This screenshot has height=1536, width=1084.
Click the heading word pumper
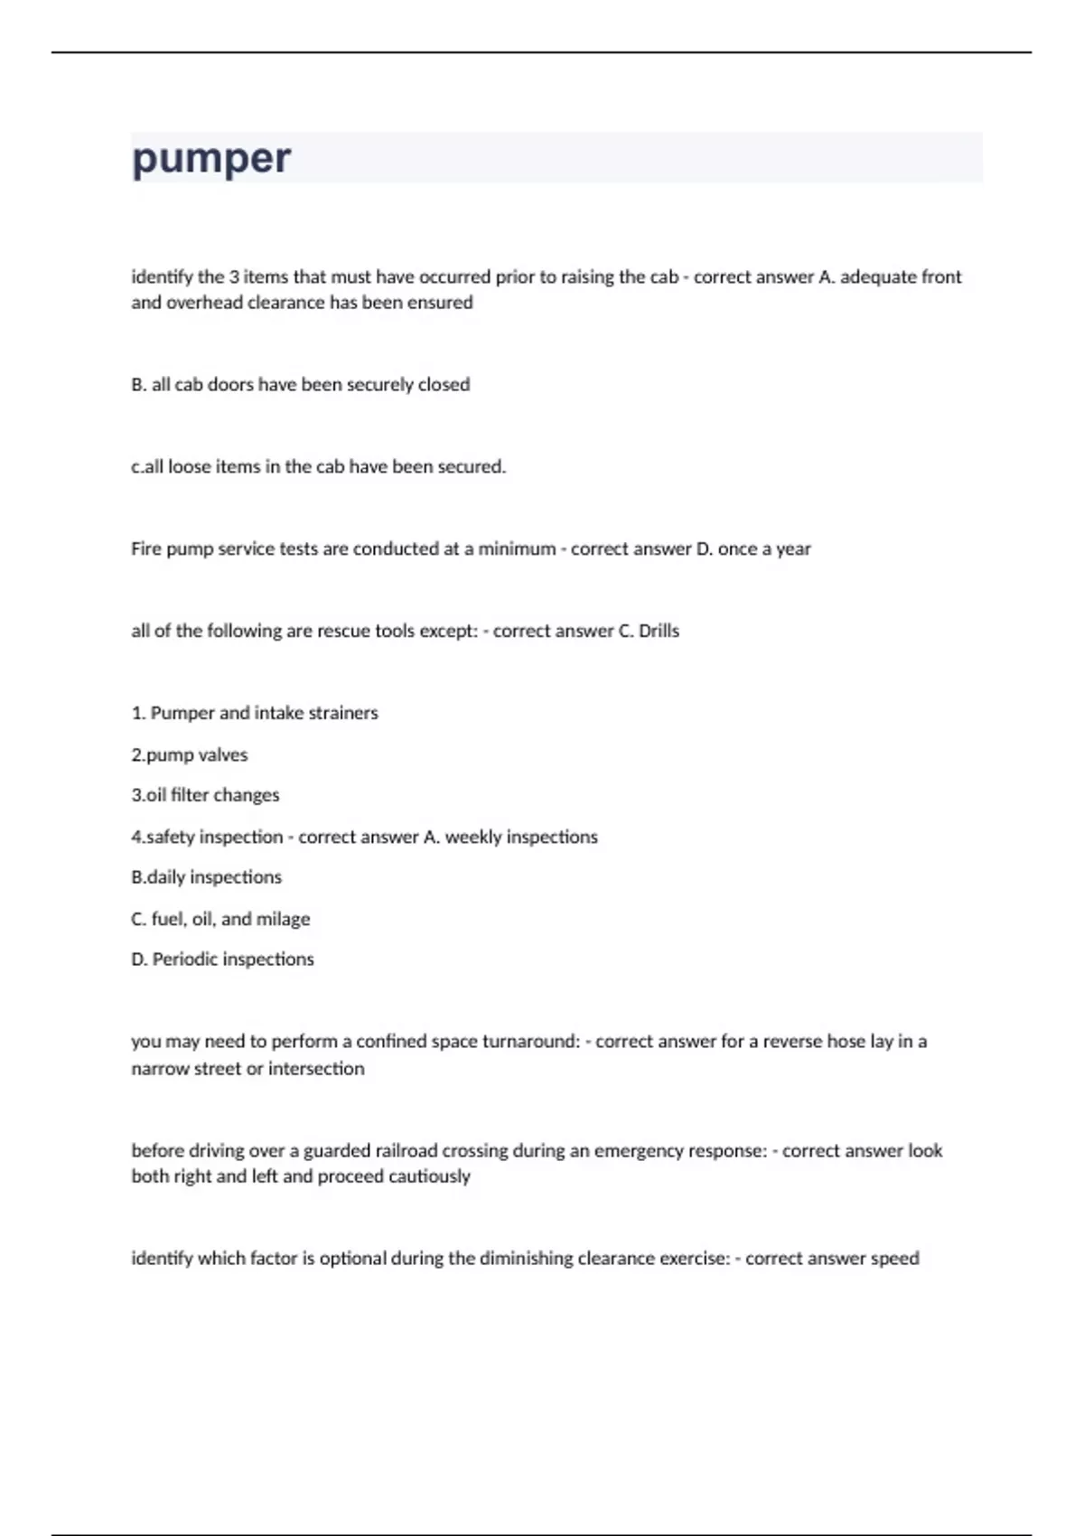click(210, 159)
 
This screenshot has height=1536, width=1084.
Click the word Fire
click(146, 549)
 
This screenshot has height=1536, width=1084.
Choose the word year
click(793, 549)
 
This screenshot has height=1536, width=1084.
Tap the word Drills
click(659, 632)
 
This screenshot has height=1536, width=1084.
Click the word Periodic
click(184, 960)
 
